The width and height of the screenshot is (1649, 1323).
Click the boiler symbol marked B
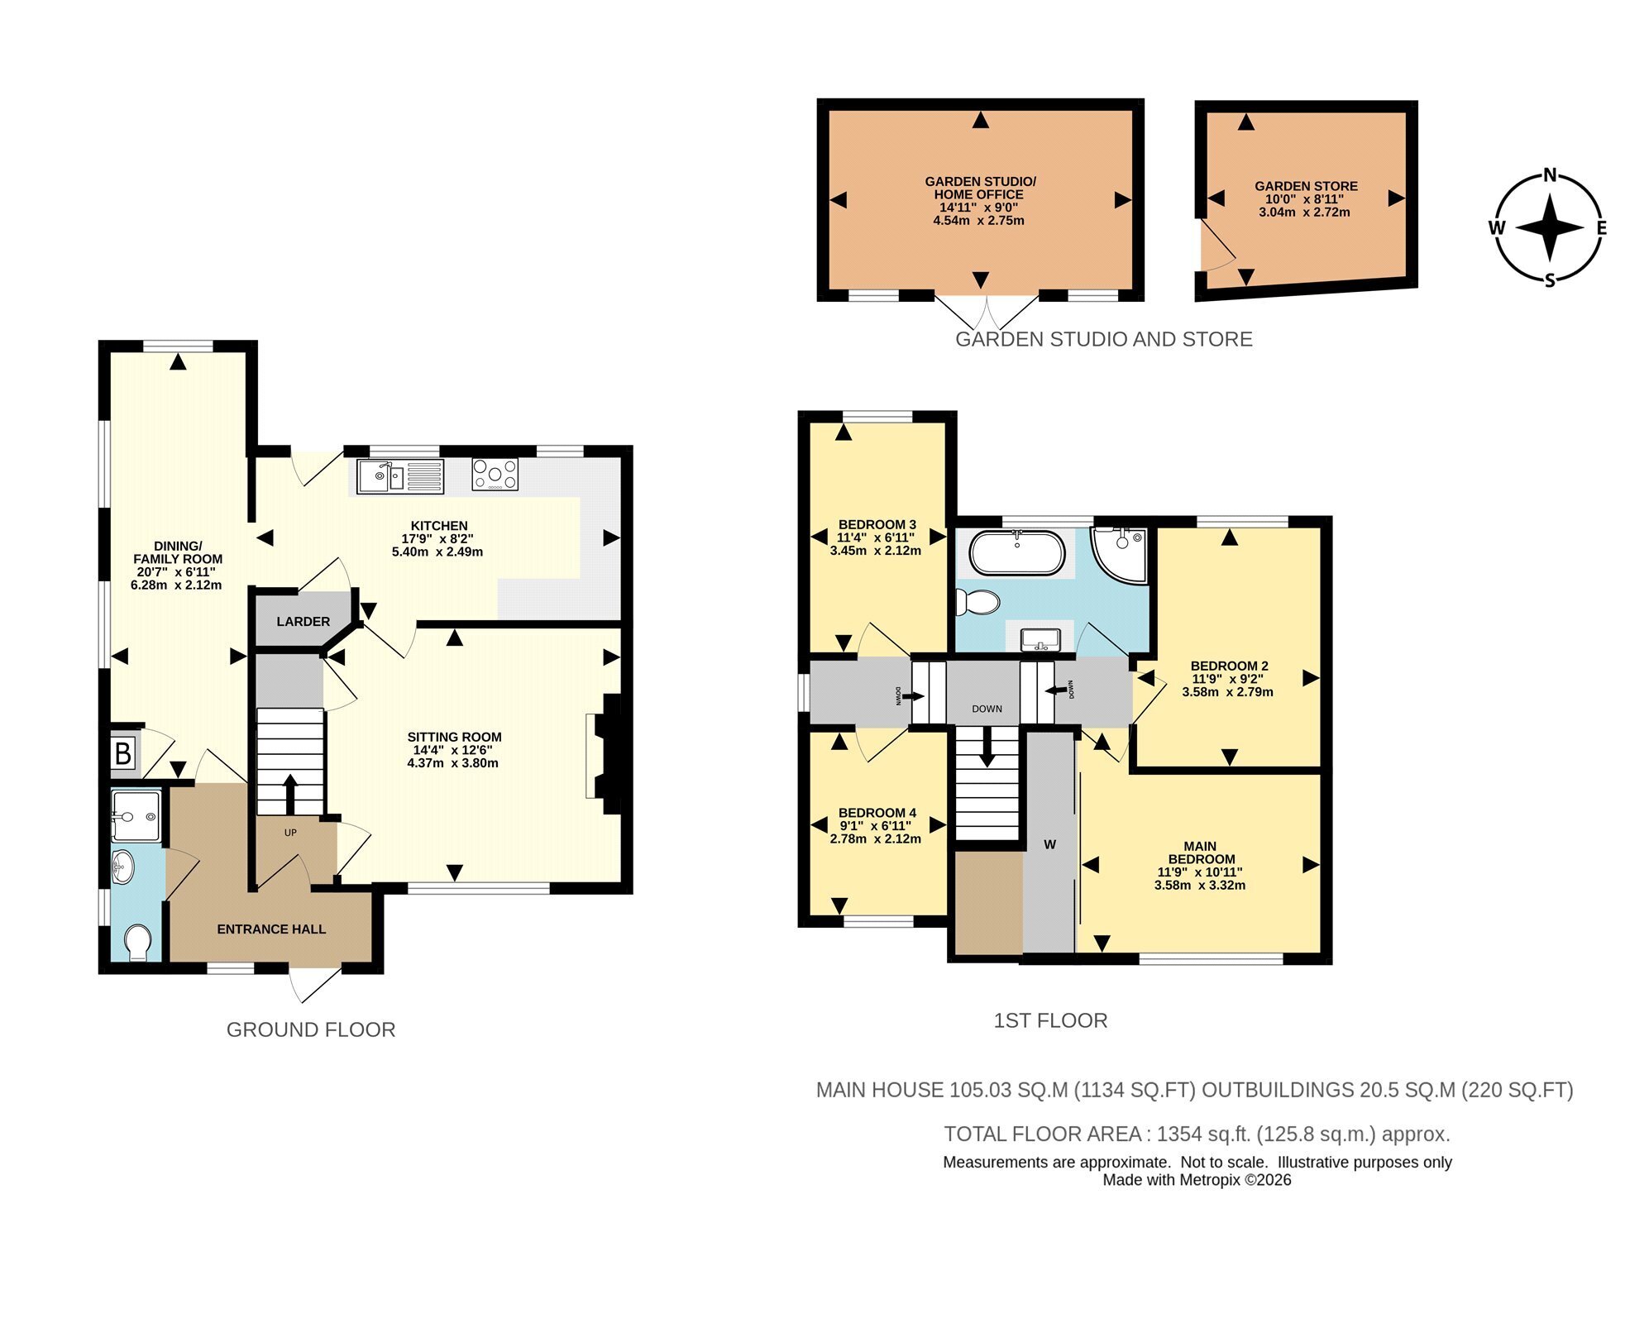(122, 753)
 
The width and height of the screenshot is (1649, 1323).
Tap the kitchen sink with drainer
(400, 475)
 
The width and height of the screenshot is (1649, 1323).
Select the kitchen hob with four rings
(495, 475)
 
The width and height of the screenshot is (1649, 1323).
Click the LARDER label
(303, 622)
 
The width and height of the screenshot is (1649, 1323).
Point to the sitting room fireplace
(605, 754)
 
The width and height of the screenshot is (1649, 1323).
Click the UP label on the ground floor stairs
(290, 833)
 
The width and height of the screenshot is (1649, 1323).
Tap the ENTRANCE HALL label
(271, 929)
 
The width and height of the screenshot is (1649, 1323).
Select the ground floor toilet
(137, 943)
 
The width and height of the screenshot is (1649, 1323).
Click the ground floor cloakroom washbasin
(122, 866)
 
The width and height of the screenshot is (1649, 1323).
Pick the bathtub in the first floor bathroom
(1017, 553)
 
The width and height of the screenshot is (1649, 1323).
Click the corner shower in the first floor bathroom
(1119, 555)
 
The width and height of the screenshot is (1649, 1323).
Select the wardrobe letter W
(1049, 845)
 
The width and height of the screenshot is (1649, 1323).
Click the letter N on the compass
(1550, 174)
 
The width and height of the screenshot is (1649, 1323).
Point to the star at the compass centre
(1550, 227)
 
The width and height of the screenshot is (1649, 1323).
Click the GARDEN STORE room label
(1306, 187)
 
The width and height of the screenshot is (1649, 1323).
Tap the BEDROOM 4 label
(877, 813)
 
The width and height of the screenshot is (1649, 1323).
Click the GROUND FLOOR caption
(311, 1029)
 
